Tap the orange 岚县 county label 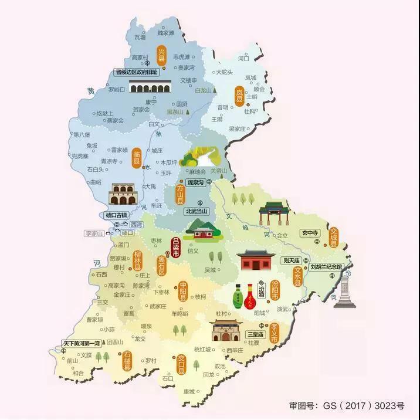(239, 96)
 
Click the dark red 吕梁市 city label (174, 248)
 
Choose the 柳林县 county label (138, 259)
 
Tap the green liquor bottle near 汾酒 (238, 297)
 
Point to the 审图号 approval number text (347, 405)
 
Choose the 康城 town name (188, 392)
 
